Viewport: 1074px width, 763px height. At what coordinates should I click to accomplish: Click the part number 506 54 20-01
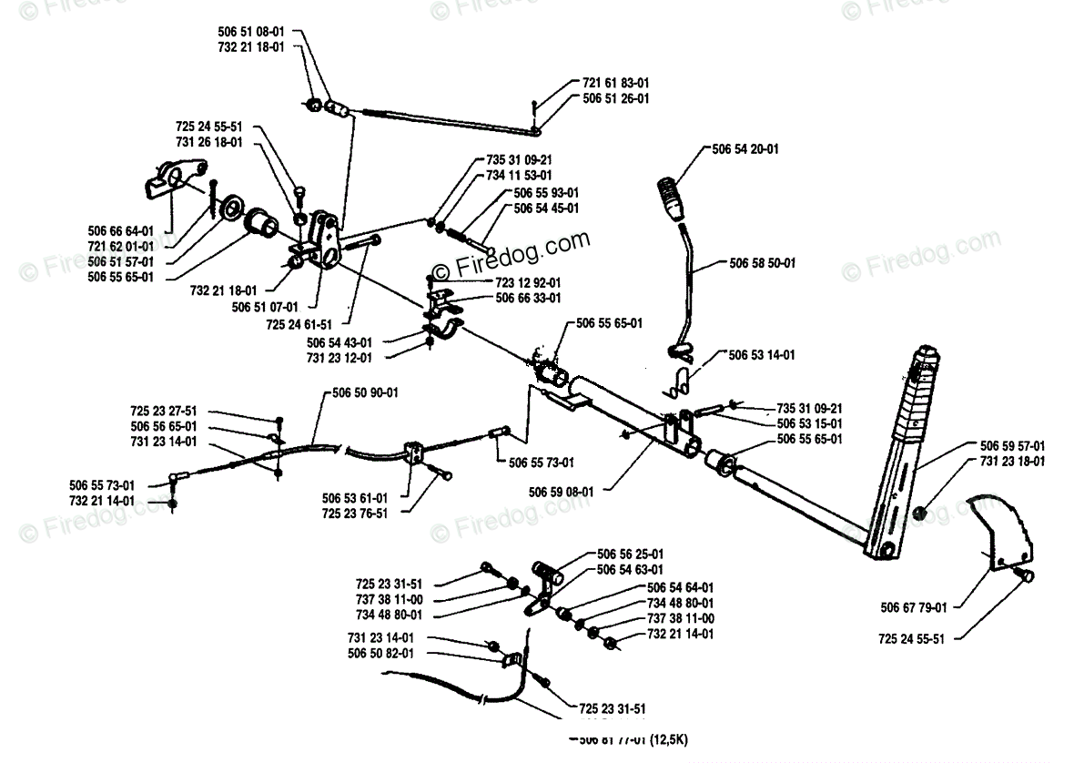tap(747, 148)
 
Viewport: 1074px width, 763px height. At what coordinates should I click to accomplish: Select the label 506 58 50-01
tap(763, 263)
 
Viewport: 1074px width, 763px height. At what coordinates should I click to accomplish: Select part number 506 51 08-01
tap(251, 31)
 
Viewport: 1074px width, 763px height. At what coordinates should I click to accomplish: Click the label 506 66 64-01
tap(122, 231)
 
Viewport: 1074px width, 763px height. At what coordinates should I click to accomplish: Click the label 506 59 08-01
tap(561, 492)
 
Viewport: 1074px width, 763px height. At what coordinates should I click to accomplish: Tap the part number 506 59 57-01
tap(1012, 446)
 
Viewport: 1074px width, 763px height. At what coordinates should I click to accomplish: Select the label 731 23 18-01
tap(1012, 461)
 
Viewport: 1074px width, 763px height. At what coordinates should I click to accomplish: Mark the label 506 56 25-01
tap(631, 554)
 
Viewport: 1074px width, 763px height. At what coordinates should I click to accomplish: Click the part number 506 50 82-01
tap(380, 653)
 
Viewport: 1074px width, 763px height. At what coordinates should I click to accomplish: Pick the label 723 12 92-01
tap(528, 282)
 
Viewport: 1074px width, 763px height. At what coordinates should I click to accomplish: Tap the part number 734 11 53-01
tap(519, 174)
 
